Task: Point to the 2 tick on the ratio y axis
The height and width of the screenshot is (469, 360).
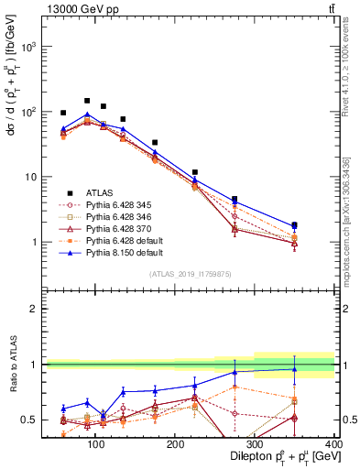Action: [x=35, y=309]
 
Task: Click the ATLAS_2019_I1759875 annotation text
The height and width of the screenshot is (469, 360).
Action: [x=191, y=274]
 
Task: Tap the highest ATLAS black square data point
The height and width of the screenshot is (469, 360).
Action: [x=87, y=101]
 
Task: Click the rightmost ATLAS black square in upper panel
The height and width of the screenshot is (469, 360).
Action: [x=320, y=224]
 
